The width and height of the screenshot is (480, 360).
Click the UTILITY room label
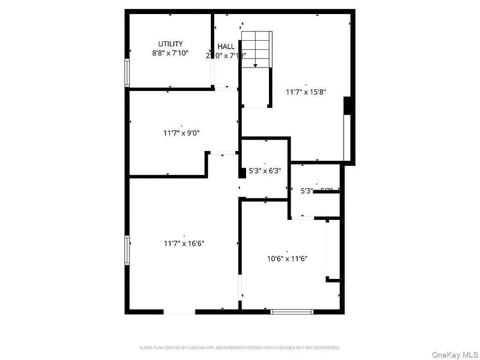[170, 44]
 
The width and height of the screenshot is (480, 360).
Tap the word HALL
[226, 46]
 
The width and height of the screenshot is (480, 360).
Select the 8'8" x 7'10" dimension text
[170, 53]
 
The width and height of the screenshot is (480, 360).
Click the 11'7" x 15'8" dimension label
[306, 92]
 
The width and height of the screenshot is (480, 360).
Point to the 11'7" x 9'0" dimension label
[181, 133]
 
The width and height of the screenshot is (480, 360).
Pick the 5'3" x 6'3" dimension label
[265, 171]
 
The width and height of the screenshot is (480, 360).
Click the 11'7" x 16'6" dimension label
[184, 243]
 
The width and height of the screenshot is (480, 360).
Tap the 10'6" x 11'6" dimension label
[287, 258]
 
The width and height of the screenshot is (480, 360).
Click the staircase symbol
[256, 49]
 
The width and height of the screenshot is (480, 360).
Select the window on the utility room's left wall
[127, 72]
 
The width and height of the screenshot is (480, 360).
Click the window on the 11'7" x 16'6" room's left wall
[127, 250]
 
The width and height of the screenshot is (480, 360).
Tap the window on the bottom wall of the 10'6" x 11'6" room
[292, 311]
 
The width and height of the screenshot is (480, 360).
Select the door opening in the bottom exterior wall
[179, 311]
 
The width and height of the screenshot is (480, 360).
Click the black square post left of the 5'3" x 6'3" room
[242, 172]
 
